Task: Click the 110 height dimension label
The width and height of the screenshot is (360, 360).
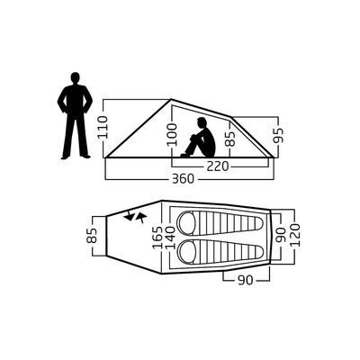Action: [103, 128]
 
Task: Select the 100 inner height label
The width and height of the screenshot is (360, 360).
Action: [173, 134]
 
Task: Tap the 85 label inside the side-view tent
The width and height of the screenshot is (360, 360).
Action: [230, 138]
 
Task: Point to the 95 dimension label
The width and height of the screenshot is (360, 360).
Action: [278, 135]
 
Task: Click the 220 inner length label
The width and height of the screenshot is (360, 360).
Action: [218, 166]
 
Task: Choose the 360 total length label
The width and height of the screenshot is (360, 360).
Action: [183, 179]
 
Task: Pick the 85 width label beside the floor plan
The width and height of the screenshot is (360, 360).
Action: [93, 236]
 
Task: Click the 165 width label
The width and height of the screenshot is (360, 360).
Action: [157, 238]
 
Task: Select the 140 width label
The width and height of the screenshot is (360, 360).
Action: [170, 238]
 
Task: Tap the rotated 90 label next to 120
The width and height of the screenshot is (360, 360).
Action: [281, 236]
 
